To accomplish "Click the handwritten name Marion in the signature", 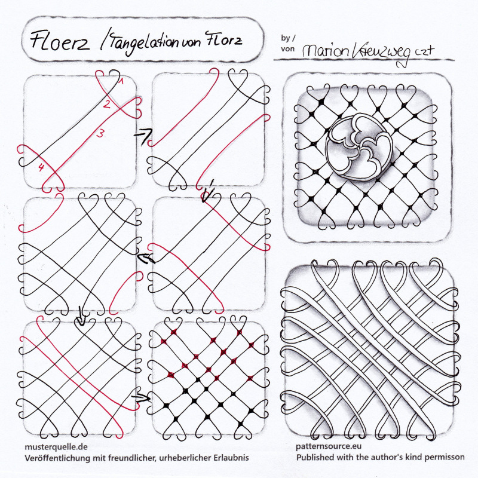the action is (325, 51).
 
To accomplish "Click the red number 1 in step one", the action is (121, 81).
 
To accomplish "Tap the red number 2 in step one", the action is (106, 104).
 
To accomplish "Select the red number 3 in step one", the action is (100, 133).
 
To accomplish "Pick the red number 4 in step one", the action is (41, 167).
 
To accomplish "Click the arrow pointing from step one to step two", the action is (143, 136).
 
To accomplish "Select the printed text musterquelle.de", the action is (56, 447).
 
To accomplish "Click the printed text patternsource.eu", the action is (329, 446).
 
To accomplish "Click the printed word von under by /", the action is (288, 49).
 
